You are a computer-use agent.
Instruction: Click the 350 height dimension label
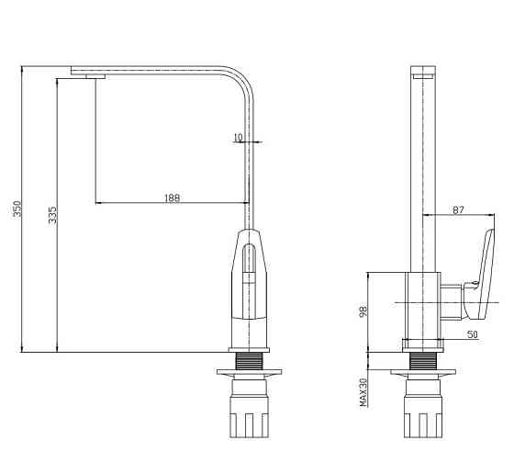pos(17,209)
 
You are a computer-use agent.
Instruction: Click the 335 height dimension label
pos(52,215)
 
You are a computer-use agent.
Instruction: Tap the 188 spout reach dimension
pos(173,198)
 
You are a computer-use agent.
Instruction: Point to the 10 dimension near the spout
pos(239,138)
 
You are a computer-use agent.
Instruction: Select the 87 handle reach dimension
pos(458,210)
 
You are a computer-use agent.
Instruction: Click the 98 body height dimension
pos(363,311)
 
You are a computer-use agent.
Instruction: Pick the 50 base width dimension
pos(473,334)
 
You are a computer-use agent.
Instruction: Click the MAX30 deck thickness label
pos(363,392)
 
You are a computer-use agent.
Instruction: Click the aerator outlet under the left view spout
pos(95,76)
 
